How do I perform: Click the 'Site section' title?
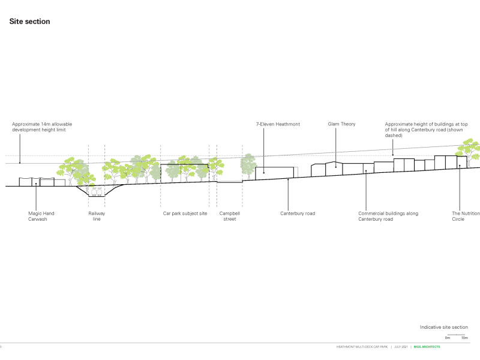[x=29, y=22]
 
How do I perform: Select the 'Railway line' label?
[x=97, y=216]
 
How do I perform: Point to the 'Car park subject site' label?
[x=185, y=213]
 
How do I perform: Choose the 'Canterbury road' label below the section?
[x=297, y=213]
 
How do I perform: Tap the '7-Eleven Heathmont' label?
[x=278, y=124]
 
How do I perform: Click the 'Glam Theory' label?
[x=341, y=124]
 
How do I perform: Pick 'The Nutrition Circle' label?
[x=466, y=216]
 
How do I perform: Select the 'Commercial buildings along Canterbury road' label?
[x=388, y=216]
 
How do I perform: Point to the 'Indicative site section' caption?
[x=443, y=327]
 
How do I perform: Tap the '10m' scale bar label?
[x=464, y=338]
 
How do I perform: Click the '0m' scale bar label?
[x=448, y=338]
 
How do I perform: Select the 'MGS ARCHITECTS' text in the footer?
[x=427, y=347]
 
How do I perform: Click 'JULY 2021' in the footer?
[x=400, y=347]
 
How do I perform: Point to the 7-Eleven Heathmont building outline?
[x=274, y=173]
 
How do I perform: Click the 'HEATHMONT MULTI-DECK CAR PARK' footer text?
[x=362, y=347]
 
